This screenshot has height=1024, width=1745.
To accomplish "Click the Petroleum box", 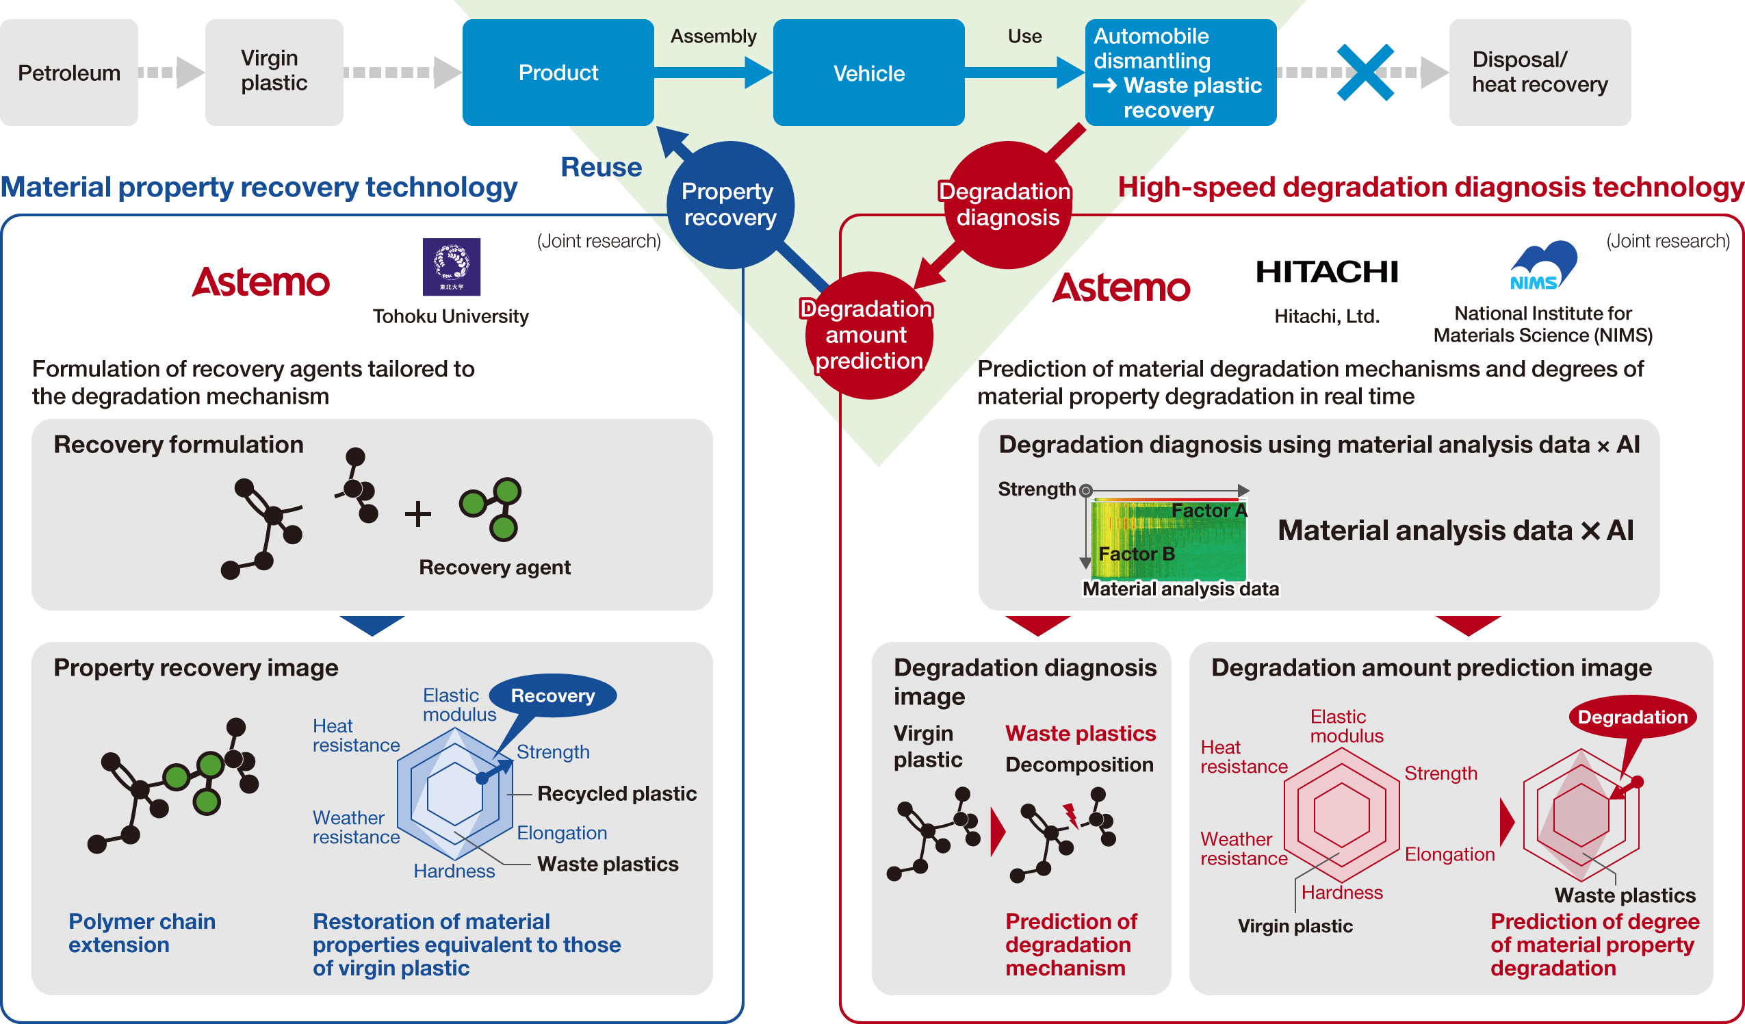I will point(68,73).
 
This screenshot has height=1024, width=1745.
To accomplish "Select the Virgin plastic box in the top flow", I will point(274,72).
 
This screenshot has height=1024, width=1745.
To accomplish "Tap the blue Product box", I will point(558,73).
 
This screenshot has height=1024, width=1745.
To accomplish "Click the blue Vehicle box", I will point(868,73).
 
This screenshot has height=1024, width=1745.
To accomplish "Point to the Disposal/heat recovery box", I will point(1539,73).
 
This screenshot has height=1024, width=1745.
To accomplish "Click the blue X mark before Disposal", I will point(1365,72).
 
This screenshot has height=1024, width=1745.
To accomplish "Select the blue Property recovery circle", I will point(730,205).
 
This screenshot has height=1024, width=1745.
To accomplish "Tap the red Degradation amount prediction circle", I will point(868,335).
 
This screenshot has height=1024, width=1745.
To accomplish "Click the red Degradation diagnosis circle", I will point(1007,205).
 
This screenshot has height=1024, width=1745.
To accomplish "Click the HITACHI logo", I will point(1327,273).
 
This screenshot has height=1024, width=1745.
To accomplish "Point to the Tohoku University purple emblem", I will point(452,267).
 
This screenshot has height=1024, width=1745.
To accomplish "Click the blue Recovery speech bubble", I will point(553,695).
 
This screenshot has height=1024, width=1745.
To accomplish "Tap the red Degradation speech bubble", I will point(1632,717).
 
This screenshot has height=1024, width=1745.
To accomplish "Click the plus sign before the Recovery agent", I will point(417,515).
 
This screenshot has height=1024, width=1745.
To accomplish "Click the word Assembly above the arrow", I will point(713,36).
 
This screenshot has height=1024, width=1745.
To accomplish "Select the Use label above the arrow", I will point(1024,36).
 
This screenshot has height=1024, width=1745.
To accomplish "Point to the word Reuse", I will point(600,168).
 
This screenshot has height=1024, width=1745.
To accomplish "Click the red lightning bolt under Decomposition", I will point(1070,815).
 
